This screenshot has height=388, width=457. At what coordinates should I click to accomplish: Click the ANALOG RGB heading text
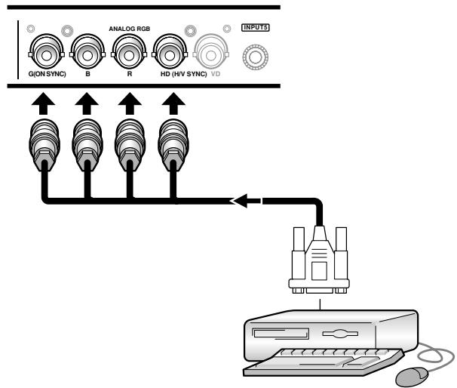click(x=130, y=29)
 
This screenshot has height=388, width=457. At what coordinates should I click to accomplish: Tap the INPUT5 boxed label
click(x=256, y=27)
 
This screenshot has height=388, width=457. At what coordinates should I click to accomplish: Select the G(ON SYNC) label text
click(x=48, y=74)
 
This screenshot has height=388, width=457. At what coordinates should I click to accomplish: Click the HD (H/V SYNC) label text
click(x=183, y=74)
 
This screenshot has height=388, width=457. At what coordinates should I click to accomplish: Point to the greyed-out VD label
click(x=216, y=74)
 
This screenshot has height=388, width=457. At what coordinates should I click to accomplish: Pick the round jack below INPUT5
click(x=256, y=57)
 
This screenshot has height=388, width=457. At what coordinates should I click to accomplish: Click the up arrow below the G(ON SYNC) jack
click(x=43, y=103)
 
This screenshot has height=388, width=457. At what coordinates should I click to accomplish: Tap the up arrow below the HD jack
click(x=173, y=103)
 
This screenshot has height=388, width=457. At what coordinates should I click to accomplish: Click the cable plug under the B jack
click(x=87, y=145)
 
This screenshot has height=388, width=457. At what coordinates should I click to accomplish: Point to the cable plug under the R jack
click(x=130, y=145)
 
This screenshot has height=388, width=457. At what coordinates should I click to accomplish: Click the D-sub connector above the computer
click(x=320, y=260)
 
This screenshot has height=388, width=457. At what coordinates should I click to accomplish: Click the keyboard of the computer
click(x=324, y=361)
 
